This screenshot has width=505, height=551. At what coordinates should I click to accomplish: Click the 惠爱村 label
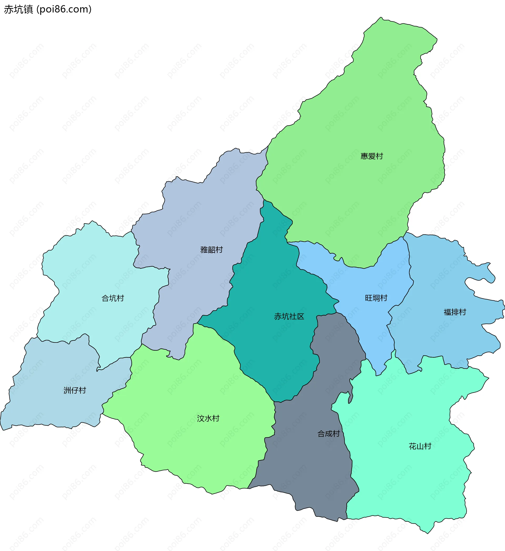pos(372,156)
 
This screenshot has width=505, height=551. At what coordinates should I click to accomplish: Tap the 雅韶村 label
pos(211,250)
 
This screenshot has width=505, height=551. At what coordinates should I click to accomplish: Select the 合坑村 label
pos(113,298)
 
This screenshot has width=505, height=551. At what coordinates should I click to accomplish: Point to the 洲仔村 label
pos(75,390)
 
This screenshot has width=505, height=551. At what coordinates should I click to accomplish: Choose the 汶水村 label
pos(208,418)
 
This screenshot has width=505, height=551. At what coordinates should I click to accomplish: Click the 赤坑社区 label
pos(289,316)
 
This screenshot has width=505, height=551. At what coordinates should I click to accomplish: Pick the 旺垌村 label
pos(376,298)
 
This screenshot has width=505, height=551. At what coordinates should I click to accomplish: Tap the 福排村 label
pos(455,312)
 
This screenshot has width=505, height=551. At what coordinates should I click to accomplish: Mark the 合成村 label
pos(328,434)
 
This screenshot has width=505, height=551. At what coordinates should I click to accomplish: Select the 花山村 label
pos(420,446)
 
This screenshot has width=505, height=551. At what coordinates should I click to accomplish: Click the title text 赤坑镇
pos(19,9)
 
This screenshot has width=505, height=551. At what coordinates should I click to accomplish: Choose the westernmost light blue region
pos(55,405)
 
